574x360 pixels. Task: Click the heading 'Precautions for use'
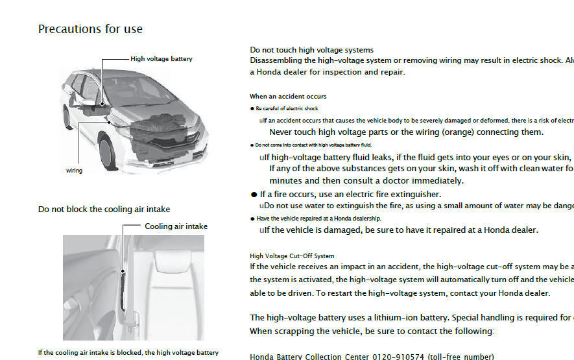pos(90,29)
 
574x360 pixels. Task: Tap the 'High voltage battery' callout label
pos(161,59)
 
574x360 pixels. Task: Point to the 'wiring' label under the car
pos(74,171)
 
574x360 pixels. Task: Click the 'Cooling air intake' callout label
pos(176,226)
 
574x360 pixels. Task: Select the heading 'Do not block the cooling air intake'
pos(104,210)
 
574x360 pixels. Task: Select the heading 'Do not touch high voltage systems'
pos(311,50)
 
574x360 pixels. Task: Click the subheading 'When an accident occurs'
pos(288,97)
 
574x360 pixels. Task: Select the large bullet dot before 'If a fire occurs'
pos(254,195)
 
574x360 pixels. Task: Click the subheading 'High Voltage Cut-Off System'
pos(292,256)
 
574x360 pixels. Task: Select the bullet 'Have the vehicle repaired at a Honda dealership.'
pos(318,219)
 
